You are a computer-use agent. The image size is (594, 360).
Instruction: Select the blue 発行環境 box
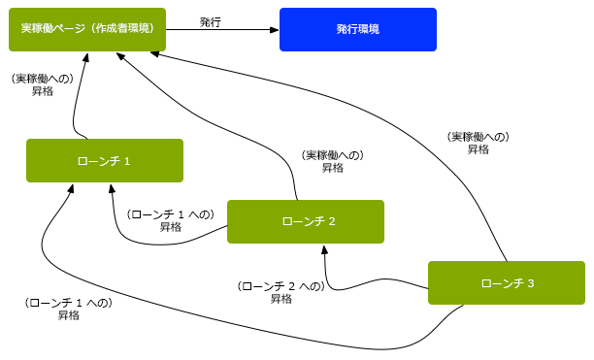[357, 29]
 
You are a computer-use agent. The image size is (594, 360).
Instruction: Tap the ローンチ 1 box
[104, 160]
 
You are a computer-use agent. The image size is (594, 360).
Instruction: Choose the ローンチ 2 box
[305, 221]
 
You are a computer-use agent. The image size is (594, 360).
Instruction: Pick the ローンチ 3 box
[506, 283]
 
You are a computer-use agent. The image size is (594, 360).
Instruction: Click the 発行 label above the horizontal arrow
[210, 21]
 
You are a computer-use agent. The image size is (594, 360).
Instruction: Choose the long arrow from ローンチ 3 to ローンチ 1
[243, 325]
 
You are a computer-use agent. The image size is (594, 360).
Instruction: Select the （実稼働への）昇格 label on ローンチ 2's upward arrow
[332, 161]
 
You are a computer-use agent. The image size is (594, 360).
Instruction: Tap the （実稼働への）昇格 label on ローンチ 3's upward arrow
[478, 144]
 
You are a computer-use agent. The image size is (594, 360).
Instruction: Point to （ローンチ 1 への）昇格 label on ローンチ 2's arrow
[171, 220]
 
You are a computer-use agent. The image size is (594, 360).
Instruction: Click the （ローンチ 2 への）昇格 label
[280, 292]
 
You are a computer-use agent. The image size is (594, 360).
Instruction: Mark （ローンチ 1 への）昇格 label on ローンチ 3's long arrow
[68, 309]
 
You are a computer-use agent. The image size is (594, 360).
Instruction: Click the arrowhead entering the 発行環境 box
[274, 30]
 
